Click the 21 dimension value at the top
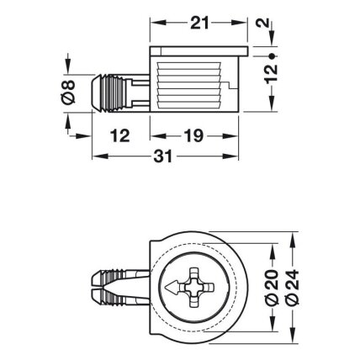pyautogui.click(x=199, y=23)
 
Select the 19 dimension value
pyautogui.click(x=193, y=136)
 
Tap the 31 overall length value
pyautogui.click(x=163, y=156)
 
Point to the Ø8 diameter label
pyautogui.click(x=68, y=93)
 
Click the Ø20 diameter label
pyautogui.click(x=272, y=288)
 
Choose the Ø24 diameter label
pyautogui.click(x=292, y=288)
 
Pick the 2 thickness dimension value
pyautogui.click(x=263, y=23)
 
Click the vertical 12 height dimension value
pyautogui.click(x=271, y=74)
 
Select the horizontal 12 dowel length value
pyautogui.click(x=120, y=136)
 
